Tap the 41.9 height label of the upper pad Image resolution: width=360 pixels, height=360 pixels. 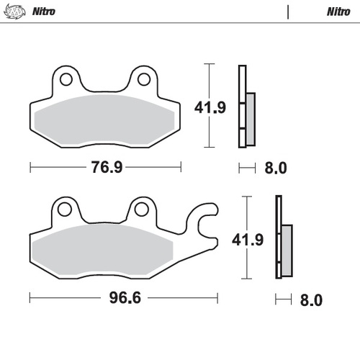(210, 108)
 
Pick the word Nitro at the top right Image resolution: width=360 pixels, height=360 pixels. (338, 12)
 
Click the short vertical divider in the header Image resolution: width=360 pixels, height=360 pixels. (287, 12)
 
